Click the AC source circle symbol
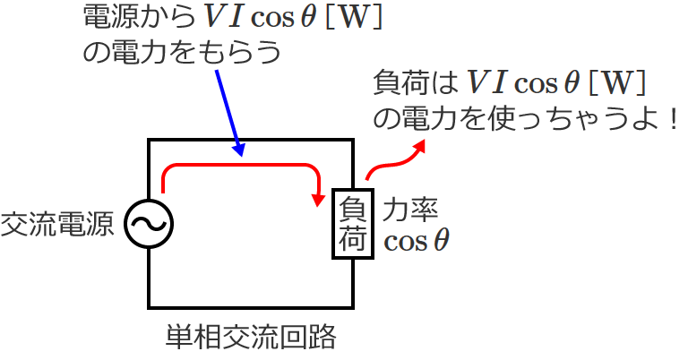[148, 223]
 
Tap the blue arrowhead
[239, 150]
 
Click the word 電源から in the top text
[132, 18]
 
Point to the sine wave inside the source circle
[148, 223]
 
